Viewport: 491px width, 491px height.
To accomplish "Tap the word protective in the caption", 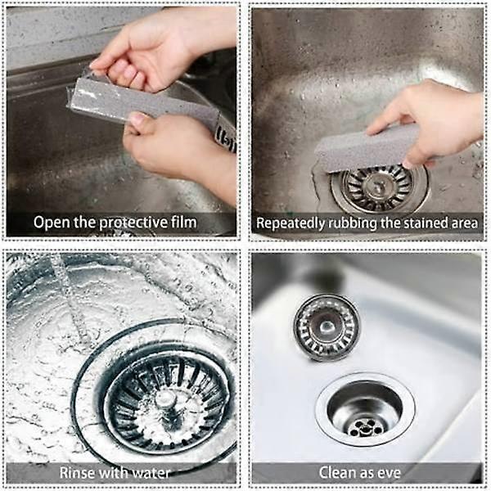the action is coord(133,223).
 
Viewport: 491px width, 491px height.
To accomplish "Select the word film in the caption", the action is coord(184,222).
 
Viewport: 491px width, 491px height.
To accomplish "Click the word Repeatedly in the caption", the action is coord(291,223).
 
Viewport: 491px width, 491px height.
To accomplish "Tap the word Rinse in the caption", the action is coord(74,473).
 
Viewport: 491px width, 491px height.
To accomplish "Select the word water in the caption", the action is coord(151,473).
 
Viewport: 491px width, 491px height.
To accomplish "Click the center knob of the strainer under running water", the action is coord(166,399).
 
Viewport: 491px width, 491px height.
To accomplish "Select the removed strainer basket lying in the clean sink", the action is coord(326,327).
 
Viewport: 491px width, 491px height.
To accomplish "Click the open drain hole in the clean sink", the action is coord(365,410).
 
